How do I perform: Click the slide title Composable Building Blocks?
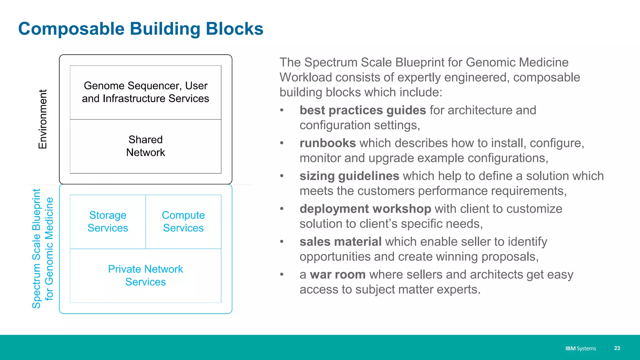[x=141, y=29]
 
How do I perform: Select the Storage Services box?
[x=108, y=222]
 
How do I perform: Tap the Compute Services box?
[x=183, y=222]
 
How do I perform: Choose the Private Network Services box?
[x=146, y=275]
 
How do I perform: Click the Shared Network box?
[x=146, y=146]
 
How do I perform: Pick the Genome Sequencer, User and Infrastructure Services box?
[x=146, y=92]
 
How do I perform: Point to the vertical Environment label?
[x=42, y=119]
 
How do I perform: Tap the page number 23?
[x=617, y=348]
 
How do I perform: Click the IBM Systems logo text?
[x=580, y=348]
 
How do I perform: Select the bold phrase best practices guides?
[x=362, y=110]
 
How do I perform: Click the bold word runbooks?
[x=327, y=143]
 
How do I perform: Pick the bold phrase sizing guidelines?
[x=349, y=176]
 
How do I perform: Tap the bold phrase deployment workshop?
[x=365, y=209]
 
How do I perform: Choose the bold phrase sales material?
[x=340, y=242]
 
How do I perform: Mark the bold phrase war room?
[x=337, y=274]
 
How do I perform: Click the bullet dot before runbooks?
[x=282, y=143]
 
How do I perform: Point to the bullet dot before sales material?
[x=282, y=242]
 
